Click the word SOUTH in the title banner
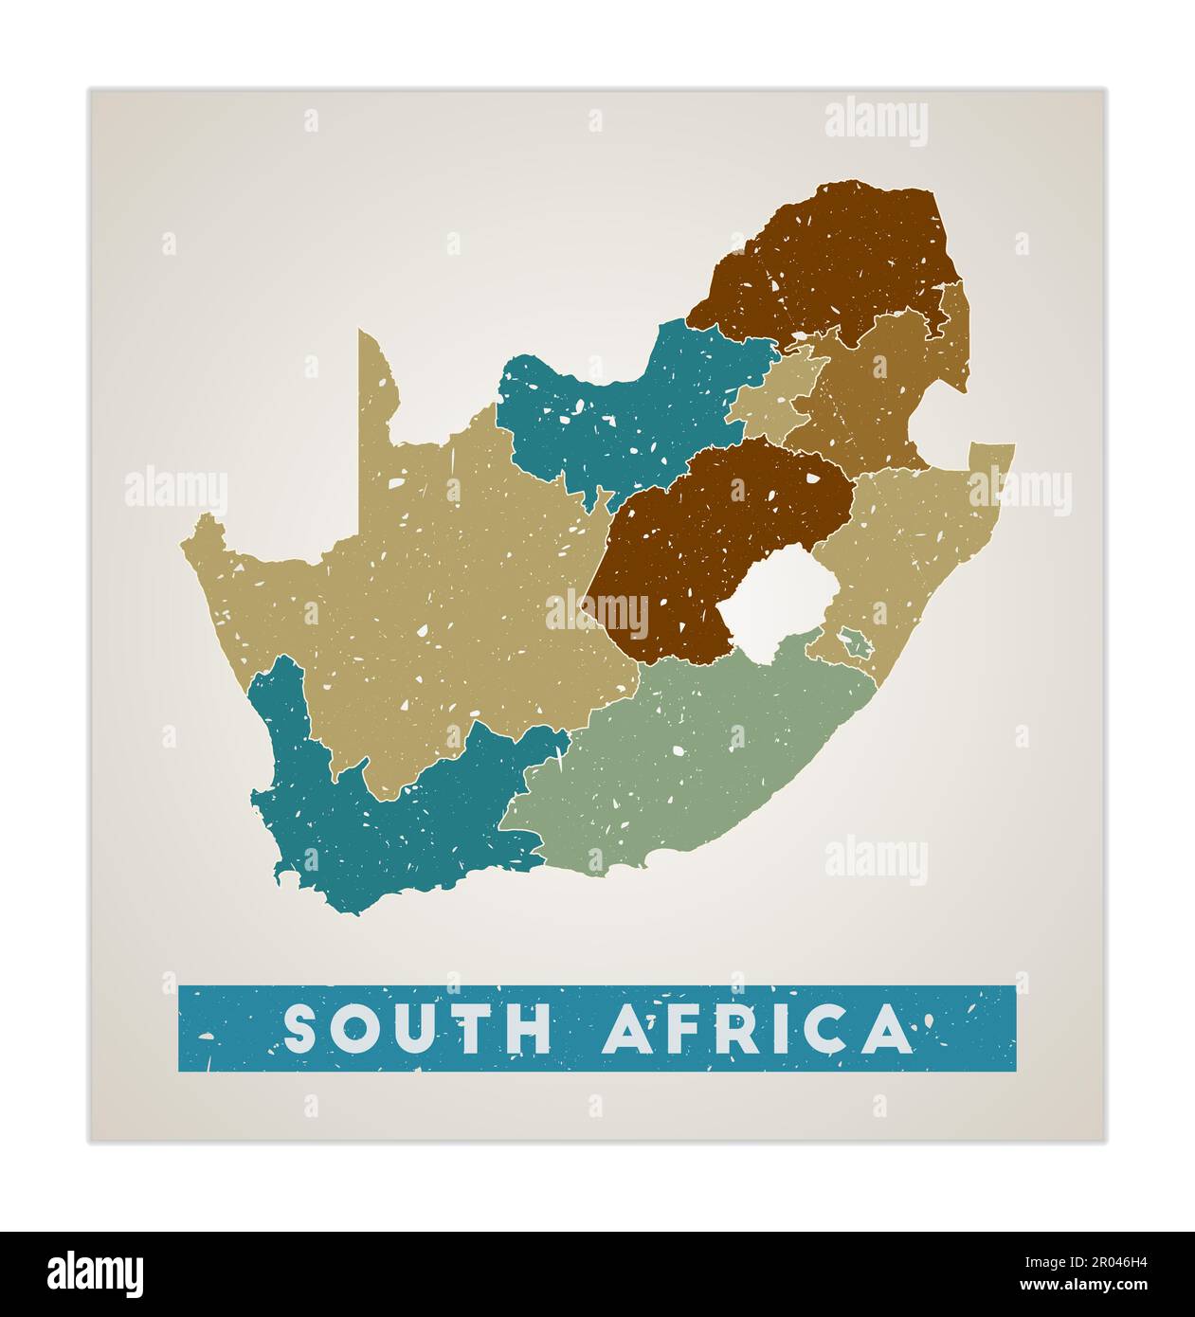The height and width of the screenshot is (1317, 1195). [417, 1029]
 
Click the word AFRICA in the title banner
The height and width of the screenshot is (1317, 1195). [755, 1029]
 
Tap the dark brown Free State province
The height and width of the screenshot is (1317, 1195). [701, 540]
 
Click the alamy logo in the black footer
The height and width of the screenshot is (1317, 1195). [96, 1274]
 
